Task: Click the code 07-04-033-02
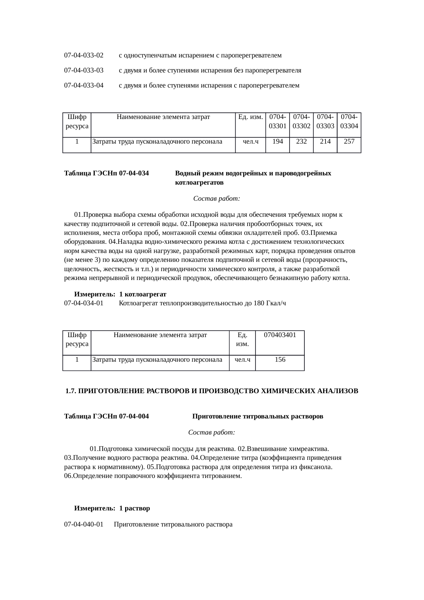tap(84, 55)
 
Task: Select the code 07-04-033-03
tap(84, 71)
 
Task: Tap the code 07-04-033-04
tap(84, 86)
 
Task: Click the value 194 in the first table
tap(277, 142)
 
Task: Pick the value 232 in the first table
tap(301, 142)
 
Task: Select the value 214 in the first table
tap(325, 142)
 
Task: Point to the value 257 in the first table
tap(349, 142)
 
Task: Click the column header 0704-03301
tap(278, 122)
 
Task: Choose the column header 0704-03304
tap(349, 122)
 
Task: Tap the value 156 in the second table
tap(280, 360)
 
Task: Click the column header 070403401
tap(280, 335)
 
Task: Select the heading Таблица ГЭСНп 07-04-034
tap(106, 173)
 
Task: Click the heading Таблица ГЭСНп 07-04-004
tap(106, 417)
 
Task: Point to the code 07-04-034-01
tap(84, 303)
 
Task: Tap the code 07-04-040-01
tap(84, 524)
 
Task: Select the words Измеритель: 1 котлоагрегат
tap(120, 294)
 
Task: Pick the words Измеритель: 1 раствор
tap(112, 508)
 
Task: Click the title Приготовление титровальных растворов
tap(257, 417)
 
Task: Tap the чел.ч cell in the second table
tap(242, 360)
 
